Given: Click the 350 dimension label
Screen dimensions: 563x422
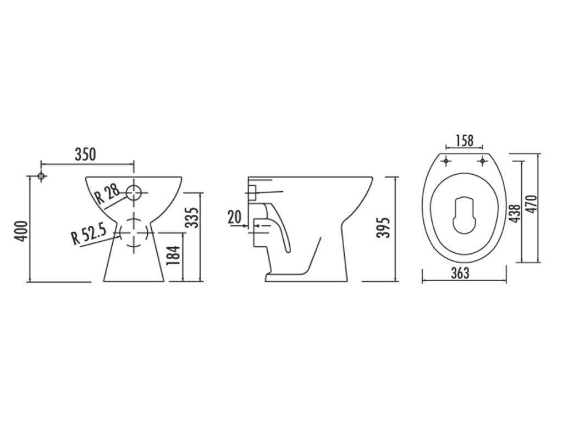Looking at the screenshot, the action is [85, 154].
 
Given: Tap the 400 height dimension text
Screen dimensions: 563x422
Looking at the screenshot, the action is [21, 231].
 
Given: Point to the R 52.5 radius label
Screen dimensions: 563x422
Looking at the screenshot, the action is [89, 234].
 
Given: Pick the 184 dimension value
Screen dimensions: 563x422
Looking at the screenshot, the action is [174, 255].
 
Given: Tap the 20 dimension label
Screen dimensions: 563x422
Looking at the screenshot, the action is [234, 216].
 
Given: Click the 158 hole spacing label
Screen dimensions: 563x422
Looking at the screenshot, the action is [464, 141].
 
